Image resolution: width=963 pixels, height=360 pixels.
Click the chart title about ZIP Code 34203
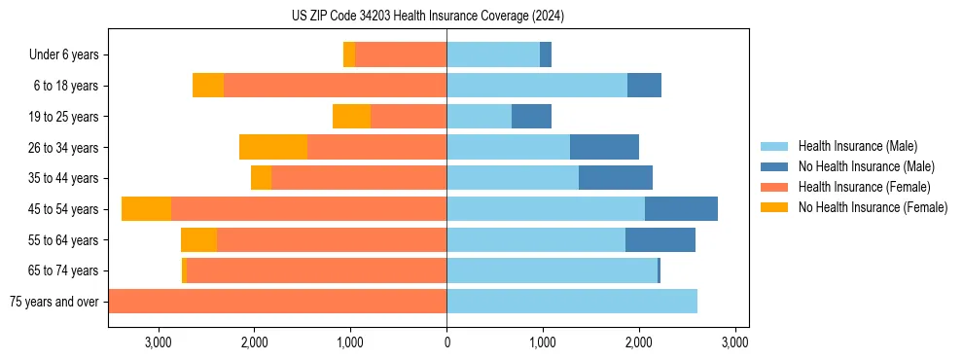click(428, 17)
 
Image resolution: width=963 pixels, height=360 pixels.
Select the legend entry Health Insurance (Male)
click(856, 146)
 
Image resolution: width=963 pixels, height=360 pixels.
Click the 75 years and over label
click(53, 302)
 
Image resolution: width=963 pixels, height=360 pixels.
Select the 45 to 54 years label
click(64, 209)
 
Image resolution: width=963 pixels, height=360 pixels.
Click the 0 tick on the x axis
click(446, 342)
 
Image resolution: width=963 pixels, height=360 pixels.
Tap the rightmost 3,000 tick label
click(734, 342)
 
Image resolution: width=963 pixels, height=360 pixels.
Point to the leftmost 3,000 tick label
click(158, 342)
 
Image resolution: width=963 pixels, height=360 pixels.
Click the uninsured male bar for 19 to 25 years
click(531, 117)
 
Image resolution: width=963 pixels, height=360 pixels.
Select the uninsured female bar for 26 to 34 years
click(273, 148)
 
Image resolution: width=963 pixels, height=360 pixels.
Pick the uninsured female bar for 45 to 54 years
click(146, 209)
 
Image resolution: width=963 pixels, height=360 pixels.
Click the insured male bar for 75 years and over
click(572, 302)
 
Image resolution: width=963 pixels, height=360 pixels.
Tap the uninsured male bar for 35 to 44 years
click(616, 178)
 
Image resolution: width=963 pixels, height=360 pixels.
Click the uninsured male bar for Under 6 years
click(546, 55)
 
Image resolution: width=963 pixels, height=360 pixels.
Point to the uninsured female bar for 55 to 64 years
click(198, 240)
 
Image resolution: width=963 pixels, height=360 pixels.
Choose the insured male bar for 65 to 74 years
click(552, 270)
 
